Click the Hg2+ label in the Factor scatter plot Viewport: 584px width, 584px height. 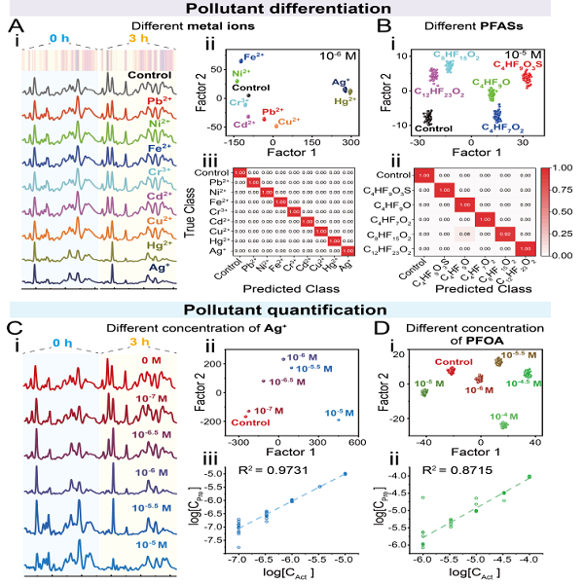344,99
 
